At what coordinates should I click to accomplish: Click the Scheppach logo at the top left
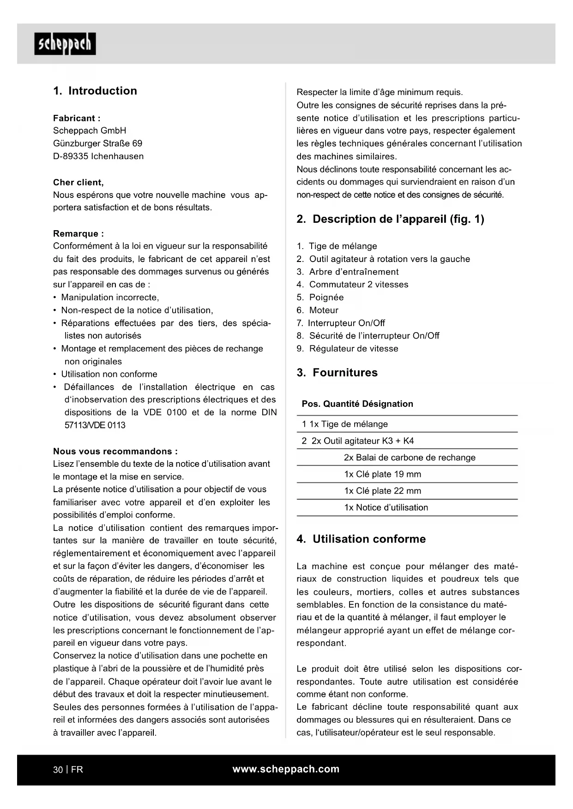click(65, 44)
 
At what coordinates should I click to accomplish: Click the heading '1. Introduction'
click(95, 91)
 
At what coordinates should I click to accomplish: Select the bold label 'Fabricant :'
click(77, 118)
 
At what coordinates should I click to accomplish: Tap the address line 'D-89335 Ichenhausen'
click(98, 156)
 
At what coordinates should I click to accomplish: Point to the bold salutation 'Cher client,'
click(78, 182)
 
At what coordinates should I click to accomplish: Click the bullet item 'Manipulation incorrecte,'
click(110, 297)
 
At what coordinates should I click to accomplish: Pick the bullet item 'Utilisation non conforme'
click(109, 374)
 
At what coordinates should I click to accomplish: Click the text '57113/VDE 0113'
click(95, 425)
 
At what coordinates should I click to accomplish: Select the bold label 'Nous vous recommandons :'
click(115, 451)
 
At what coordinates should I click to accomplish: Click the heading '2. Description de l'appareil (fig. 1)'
click(390, 219)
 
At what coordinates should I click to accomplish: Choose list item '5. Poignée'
click(320, 297)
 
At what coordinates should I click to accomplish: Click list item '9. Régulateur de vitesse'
click(347, 349)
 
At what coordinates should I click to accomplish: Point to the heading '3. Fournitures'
click(337, 373)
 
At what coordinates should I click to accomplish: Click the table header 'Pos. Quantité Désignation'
click(357, 404)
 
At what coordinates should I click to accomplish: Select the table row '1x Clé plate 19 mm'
click(382, 474)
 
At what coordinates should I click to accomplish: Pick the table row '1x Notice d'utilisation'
click(386, 507)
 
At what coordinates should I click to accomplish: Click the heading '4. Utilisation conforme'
click(361, 539)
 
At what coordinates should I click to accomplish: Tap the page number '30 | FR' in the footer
click(68, 769)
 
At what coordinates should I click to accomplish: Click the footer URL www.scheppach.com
click(286, 769)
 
